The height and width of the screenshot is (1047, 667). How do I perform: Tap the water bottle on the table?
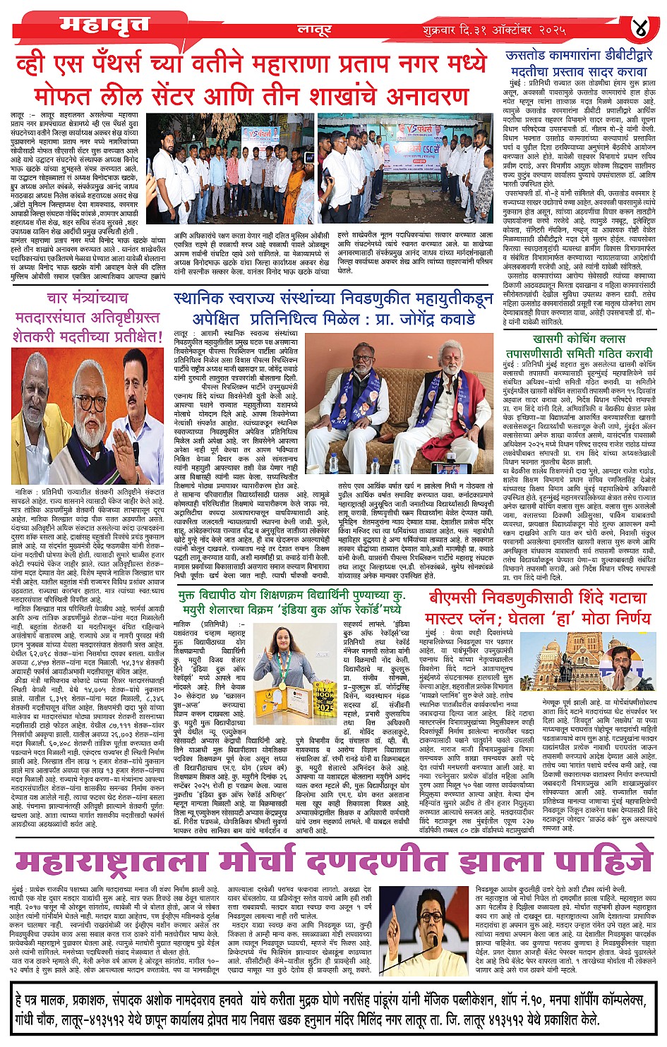pos(334,463)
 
